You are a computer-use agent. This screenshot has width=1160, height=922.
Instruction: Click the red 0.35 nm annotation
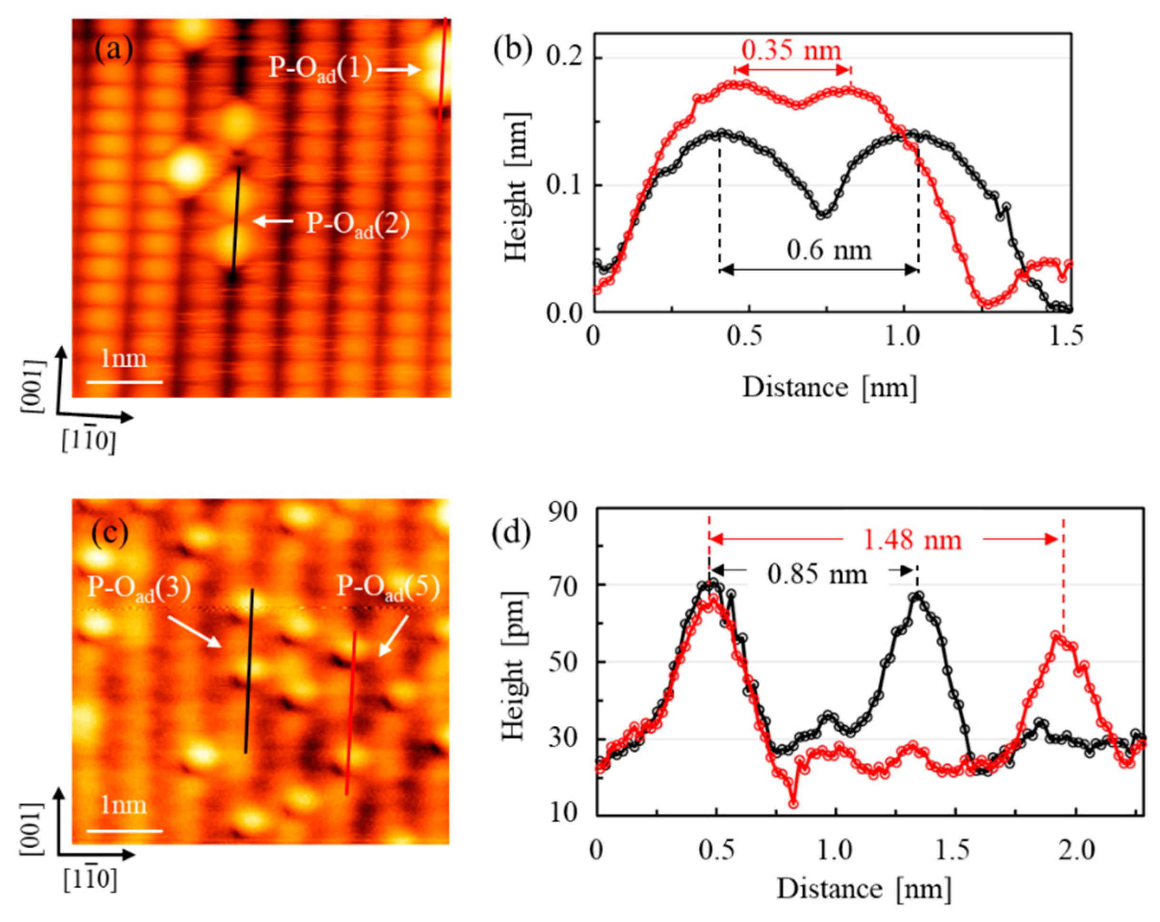pos(791,50)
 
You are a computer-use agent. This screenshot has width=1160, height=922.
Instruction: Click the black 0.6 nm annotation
pos(829,250)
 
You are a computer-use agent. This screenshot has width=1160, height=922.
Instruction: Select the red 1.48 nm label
pos(912,539)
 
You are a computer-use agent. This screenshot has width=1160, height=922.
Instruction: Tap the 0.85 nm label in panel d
pos(817,575)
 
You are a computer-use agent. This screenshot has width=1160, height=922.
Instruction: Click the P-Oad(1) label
pos(320,70)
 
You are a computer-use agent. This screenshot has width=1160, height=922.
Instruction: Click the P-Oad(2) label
pos(358,223)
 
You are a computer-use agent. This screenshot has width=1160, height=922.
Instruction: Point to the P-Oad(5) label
pos(388,587)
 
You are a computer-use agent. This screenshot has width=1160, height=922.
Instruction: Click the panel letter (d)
pos(511,532)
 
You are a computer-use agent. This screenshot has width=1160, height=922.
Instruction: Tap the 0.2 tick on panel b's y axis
pos(566,58)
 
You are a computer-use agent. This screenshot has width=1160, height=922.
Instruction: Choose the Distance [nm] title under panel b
pos(829,387)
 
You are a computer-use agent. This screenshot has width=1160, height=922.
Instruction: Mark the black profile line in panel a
pos(236,222)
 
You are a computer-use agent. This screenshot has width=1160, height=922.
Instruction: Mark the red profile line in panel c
pos(350,713)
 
